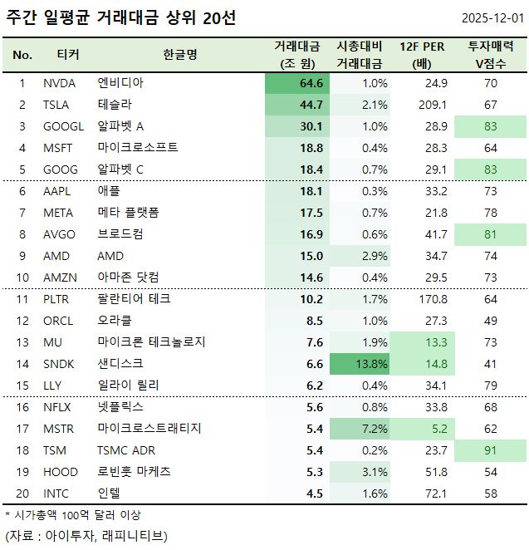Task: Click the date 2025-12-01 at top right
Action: pyautogui.click(x=492, y=18)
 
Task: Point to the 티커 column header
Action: pyautogui.click(x=68, y=55)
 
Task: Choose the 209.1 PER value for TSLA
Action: pyautogui.click(x=433, y=105)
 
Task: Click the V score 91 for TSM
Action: pyautogui.click(x=490, y=449)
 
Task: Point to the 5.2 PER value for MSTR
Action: pyautogui.click(x=438, y=428)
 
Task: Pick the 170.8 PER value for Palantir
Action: pyautogui.click(x=433, y=298)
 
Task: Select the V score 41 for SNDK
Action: pyautogui.click(x=490, y=363)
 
